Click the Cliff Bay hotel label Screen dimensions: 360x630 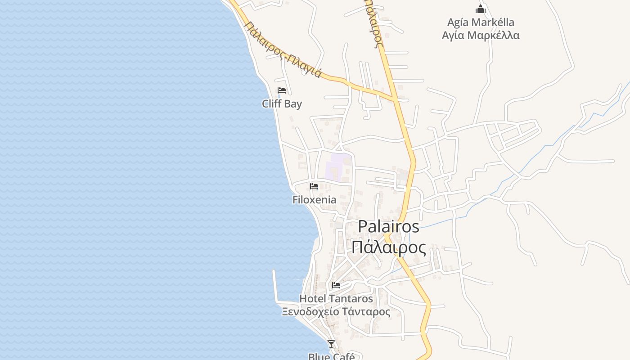[282, 104]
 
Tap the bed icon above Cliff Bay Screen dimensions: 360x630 [282, 90]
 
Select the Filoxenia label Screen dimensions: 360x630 [314, 200]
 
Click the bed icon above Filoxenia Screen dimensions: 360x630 [314, 186]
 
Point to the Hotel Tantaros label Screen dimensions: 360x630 [336, 298]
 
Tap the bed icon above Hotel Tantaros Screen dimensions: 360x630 [336, 285]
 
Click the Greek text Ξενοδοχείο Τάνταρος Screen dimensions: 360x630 [336, 311]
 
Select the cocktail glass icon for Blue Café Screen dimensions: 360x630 [331, 344]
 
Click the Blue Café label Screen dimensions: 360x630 [331, 356]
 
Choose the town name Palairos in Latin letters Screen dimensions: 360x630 [388, 226]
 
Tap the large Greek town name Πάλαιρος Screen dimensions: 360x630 [388, 247]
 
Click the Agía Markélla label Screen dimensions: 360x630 [481, 22]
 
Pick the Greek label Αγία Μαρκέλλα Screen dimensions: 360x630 [481, 36]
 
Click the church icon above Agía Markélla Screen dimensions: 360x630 [481, 9]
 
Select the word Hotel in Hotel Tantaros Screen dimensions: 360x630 [313, 298]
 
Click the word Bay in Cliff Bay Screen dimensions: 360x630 [293, 104]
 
